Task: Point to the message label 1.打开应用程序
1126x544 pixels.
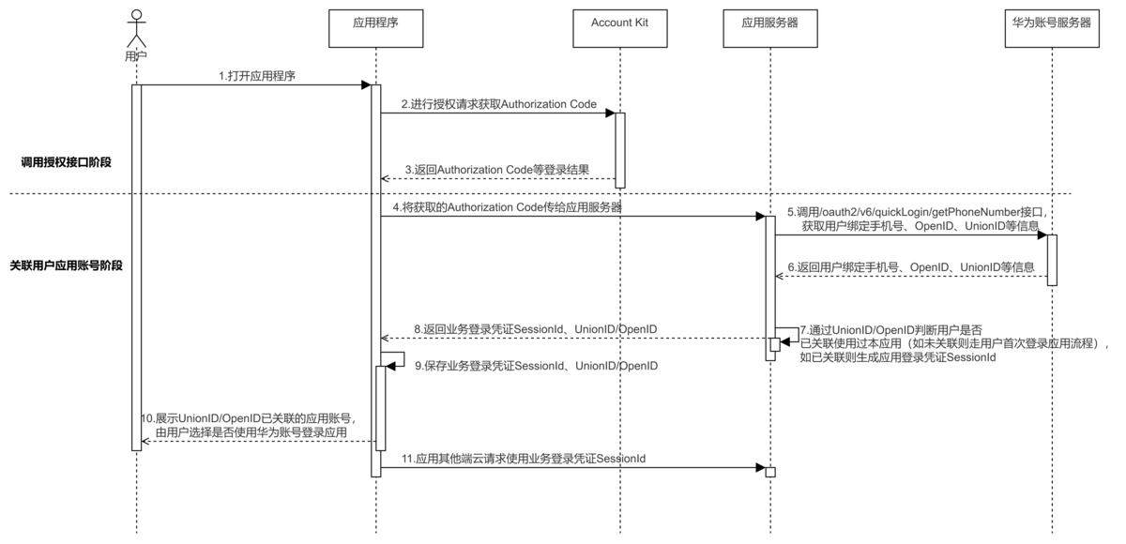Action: click(x=256, y=76)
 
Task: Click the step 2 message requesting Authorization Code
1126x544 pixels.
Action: click(x=498, y=104)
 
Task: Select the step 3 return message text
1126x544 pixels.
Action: click(x=496, y=170)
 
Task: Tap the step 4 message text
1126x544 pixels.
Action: click(x=507, y=206)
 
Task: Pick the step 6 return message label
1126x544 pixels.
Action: click(x=911, y=266)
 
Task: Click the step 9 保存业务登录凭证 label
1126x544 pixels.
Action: click(x=536, y=365)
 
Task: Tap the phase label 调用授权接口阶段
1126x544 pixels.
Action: click(x=66, y=162)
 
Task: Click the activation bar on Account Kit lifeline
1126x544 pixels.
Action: click(x=619, y=150)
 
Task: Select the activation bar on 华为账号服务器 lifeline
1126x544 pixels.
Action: click(x=1052, y=260)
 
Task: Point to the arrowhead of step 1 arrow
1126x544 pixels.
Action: click(x=366, y=85)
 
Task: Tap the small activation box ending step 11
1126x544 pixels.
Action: click(x=769, y=471)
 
